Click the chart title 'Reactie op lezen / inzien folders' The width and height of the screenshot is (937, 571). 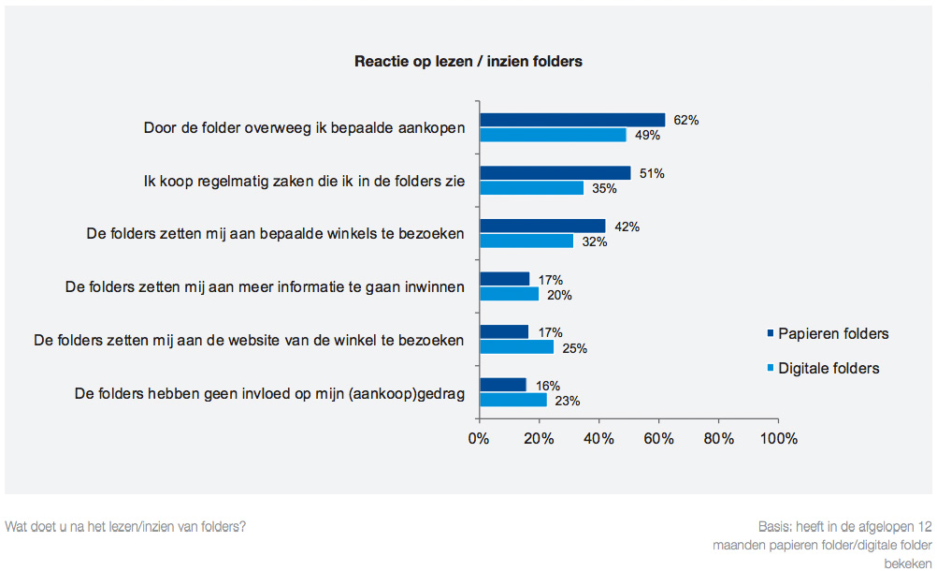(468, 62)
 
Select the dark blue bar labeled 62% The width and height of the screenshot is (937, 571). (571, 120)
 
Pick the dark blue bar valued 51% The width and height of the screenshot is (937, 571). (555, 173)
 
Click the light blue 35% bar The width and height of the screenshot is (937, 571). (531, 188)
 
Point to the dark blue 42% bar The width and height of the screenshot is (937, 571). (541, 226)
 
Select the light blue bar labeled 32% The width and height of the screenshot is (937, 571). (526, 241)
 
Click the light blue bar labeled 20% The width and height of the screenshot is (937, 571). (509, 294)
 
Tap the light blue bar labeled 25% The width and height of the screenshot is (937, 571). (516, 347)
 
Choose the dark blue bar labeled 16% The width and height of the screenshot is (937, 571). (503, 385)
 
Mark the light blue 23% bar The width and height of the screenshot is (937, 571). (513, 400)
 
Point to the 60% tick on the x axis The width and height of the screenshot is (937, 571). (659, 437)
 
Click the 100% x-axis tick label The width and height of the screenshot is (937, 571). (778, 437)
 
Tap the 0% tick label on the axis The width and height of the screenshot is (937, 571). (479, 437)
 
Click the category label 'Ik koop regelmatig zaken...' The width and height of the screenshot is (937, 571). (297, 181)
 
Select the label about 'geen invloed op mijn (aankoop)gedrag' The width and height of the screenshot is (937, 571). (269, 393)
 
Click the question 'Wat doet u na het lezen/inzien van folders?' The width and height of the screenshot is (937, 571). (125, 526)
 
